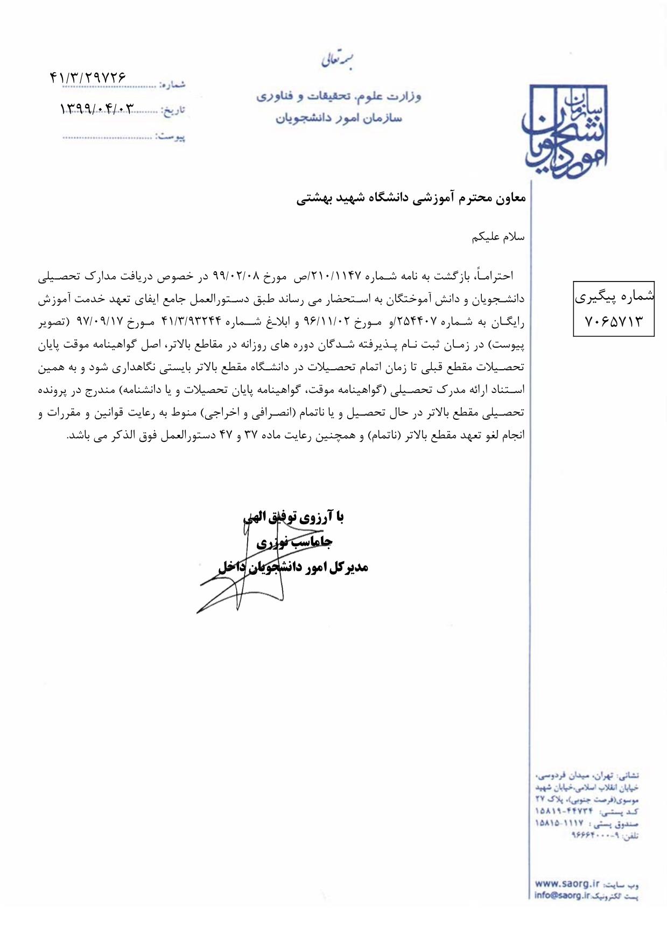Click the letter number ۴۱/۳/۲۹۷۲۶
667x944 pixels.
click(88, 78)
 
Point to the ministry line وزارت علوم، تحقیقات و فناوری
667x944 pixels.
click(339, 96)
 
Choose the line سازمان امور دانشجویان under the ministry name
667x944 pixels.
click(339, 118)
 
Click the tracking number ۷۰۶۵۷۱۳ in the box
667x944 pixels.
click(613, 321)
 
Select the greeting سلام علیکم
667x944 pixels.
click(498, 237)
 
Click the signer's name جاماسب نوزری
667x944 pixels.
click(294, 542)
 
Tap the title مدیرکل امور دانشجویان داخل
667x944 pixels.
click(293, 567)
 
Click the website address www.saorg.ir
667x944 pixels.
click(567, 884)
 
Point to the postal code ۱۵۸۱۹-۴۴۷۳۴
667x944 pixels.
click(564, 811)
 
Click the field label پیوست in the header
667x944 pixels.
click(171, 137)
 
